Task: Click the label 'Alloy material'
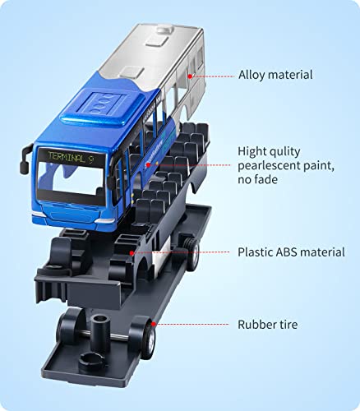tap(275, 75)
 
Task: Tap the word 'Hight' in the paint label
tap(255, 151)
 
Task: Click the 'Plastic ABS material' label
tap(291, 252)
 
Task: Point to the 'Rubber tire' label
tap(267, 325)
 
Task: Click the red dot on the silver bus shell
tap(190, 76)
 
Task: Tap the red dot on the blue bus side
tap(148, 165)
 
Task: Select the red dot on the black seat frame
tap(132, 252)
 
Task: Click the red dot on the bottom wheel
tap(154, 324)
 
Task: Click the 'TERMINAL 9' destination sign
tap(72, 158)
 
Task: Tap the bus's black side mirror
tap(25, 160)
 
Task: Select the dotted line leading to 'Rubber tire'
tap(192, 325)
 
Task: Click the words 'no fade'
tap(257, 180)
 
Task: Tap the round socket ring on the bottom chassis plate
tap(91, 360)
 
